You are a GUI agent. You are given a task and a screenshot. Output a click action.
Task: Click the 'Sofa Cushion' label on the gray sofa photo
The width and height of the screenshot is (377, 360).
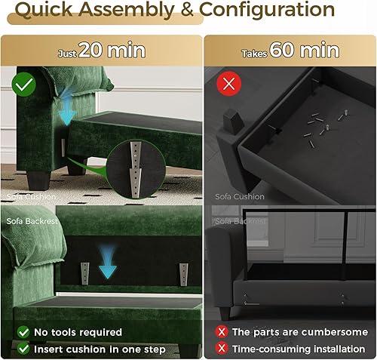[241, 197]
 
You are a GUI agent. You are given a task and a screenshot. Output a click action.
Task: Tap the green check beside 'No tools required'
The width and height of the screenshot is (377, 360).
[23, 331]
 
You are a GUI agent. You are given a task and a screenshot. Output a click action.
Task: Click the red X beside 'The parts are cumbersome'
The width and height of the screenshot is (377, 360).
[222, 331]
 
